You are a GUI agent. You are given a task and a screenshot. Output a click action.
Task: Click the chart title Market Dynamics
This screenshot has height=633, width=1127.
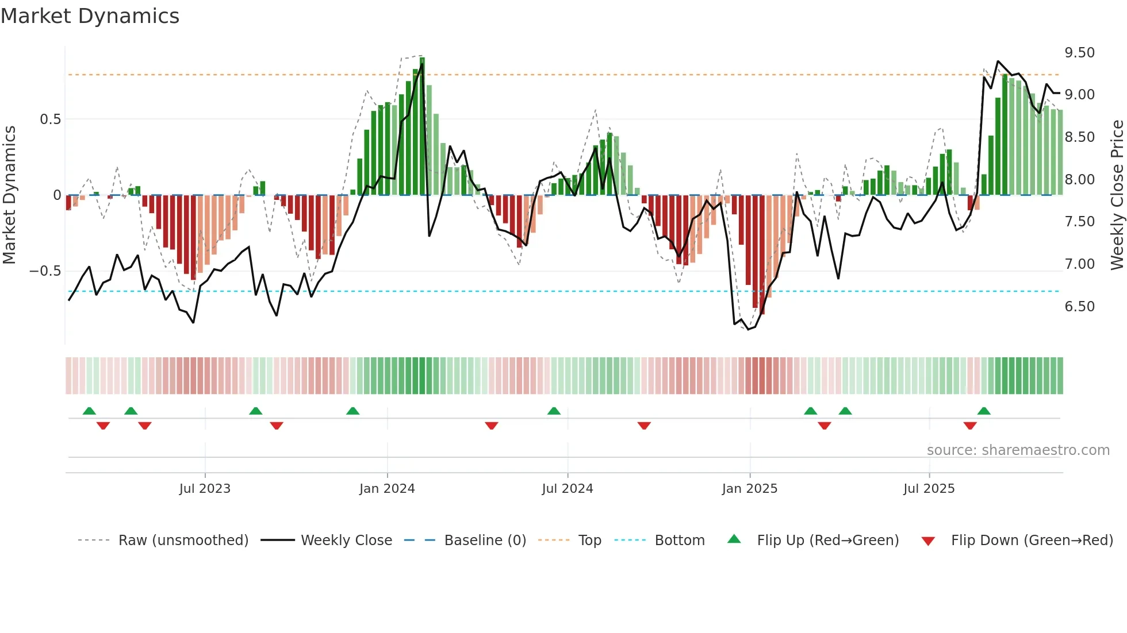coord(90,16)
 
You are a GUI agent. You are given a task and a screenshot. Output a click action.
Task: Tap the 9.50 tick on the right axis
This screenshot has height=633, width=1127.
coord(1079,53)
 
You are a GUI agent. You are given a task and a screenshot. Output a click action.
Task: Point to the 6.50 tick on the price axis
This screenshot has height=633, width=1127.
coord(1079,307)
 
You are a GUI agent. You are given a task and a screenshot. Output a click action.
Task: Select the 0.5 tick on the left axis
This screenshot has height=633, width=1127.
coord(50,119)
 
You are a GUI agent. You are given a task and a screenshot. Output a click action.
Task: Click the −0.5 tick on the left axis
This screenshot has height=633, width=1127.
coord(45,271)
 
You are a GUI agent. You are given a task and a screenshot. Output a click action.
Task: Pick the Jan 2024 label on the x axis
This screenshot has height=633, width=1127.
coord(387,489)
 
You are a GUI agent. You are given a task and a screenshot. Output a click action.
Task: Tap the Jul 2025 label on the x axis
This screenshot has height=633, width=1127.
coord(929,489)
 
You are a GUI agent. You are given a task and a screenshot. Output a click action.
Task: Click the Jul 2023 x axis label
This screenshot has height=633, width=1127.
coord(205,489)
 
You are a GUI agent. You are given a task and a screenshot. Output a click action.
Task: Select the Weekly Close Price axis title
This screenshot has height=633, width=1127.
coord(1117,195)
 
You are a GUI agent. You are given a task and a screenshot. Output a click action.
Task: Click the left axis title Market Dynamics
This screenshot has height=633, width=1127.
coord(9,195)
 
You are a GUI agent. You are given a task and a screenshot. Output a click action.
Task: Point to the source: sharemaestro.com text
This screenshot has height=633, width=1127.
coord(1018,450)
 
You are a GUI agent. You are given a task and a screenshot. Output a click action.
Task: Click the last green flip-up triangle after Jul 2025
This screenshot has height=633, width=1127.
coord(984,411)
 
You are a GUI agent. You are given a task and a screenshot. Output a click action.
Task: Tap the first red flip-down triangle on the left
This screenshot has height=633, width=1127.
coord(103,426)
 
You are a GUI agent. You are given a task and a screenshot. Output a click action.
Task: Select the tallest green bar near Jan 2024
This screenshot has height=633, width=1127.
coord(422,126)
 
